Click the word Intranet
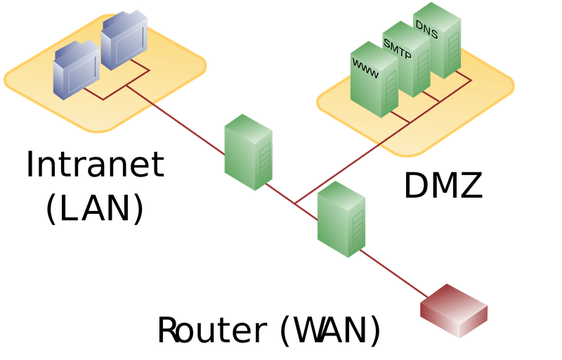[95, 164]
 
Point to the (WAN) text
[330, 329]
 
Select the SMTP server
[405, 67]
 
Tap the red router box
[453, 309]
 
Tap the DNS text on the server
[426, 25]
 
